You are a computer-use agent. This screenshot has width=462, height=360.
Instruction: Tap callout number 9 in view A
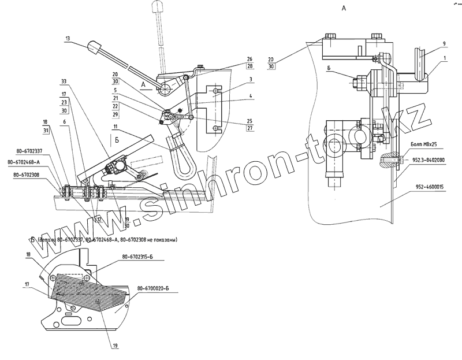(x=444, y=43)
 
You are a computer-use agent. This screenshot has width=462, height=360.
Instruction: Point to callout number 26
(x=249, y=59)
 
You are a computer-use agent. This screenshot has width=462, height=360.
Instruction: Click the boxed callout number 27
(x=249, y=129)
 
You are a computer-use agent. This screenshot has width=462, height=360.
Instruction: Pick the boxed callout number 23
(x=64, y=102)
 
